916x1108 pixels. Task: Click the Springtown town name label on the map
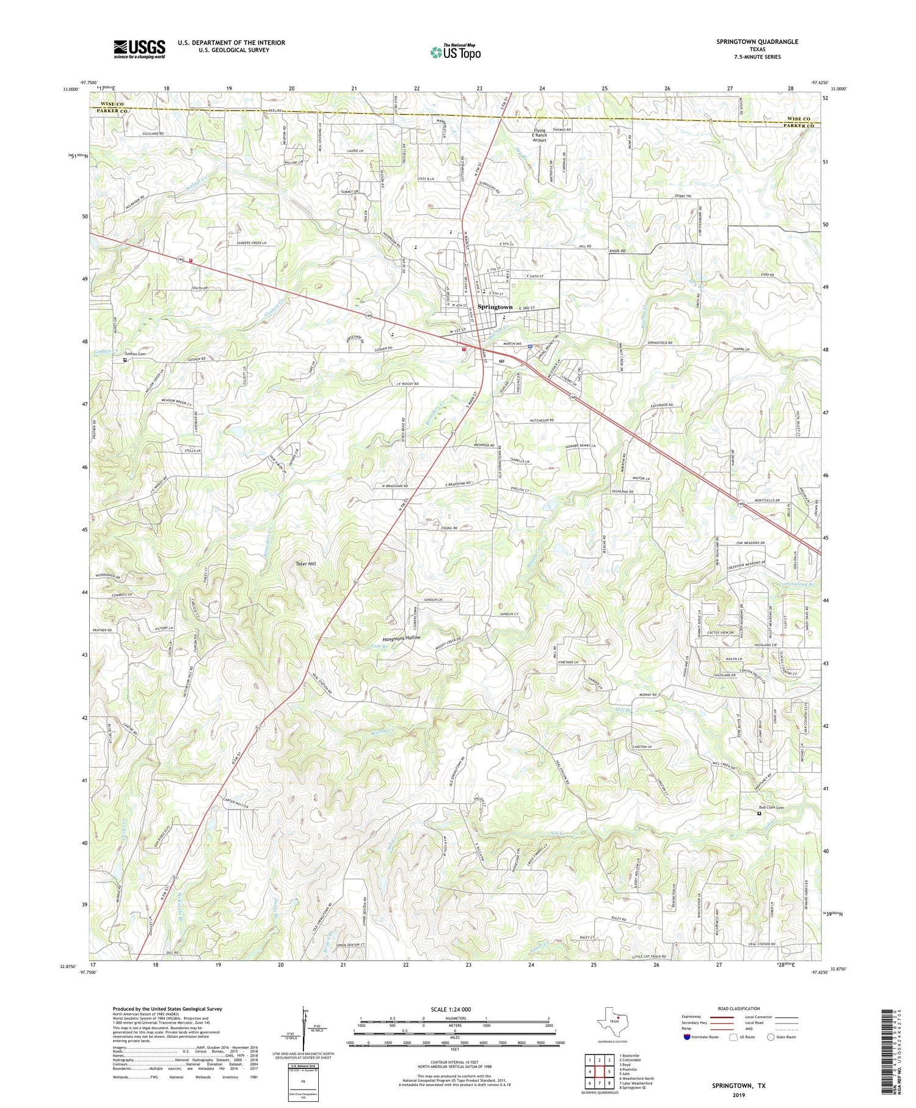[x=495, y=307]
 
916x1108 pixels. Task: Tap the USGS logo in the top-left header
[x=139, y=49]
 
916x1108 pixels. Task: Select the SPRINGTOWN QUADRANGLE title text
[x=757, y=42]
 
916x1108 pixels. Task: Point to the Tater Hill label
[x=306, y=563]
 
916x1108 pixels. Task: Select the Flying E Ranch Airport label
[x=539, y=135]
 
